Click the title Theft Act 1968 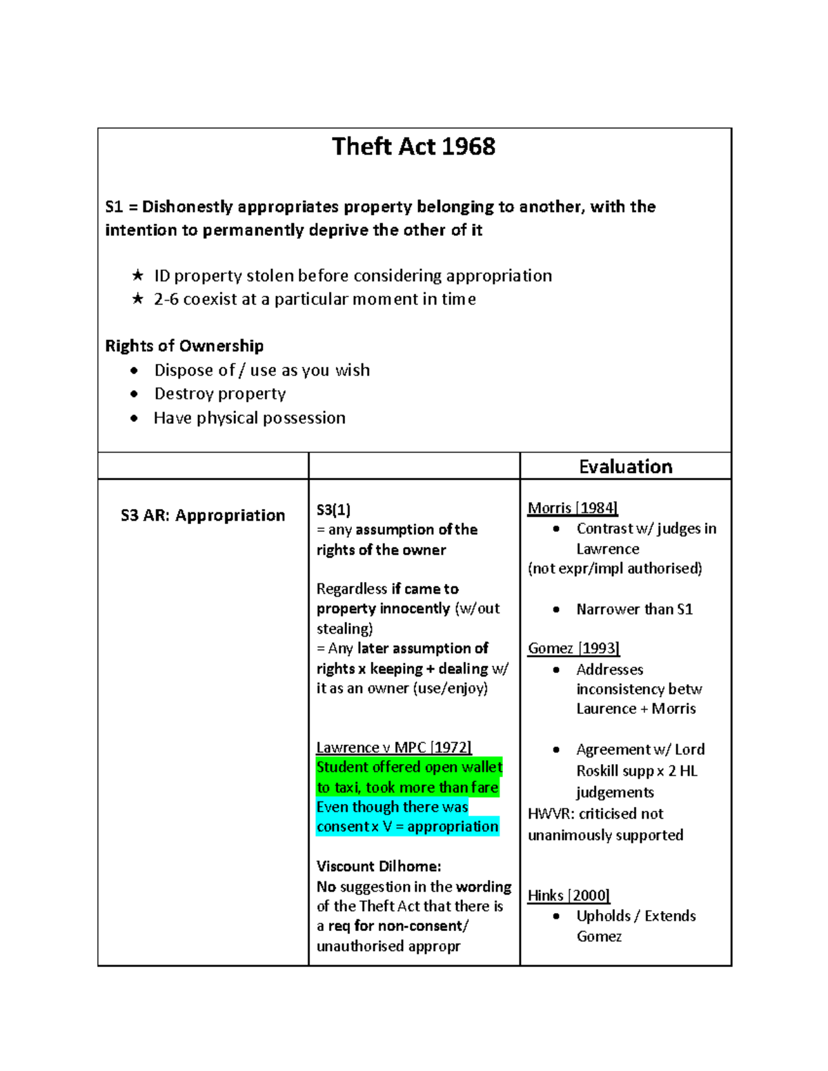(x=413, y=147)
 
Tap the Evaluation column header (x=625, y=467)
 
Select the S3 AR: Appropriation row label (x=203, y=515)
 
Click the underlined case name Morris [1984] (x=572, y=508)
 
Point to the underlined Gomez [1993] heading (x=573, y=648)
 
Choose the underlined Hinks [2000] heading (x=569, y=895)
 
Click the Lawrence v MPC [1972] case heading (x=393, y=748)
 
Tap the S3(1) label (x=333, y=510)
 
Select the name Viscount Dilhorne (x=378, y=866)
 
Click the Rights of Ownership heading (x=184, y=346)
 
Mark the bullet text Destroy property (x=219, y=394)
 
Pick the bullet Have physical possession (x=249, y=418)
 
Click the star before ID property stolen (x=138, y=276)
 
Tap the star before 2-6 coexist (x=138, y=299)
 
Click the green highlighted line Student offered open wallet (x=409, y=768)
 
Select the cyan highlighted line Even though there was (x=392, y=807)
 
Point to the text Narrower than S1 (x=634, y=610)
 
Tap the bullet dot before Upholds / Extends (x=556, y=916)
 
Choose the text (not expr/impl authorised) (x=615, y=568)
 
